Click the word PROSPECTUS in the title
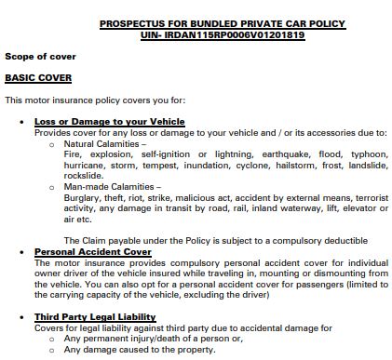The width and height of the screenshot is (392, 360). click(129, 23)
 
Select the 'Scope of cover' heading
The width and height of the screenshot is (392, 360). click(40, 57)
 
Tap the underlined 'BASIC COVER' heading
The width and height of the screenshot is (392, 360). click(34, 78)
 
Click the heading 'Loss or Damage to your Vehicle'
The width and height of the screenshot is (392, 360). click(109, 122)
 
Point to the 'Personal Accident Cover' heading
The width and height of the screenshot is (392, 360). click(92, 251)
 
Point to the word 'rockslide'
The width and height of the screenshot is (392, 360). click(83, 176)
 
